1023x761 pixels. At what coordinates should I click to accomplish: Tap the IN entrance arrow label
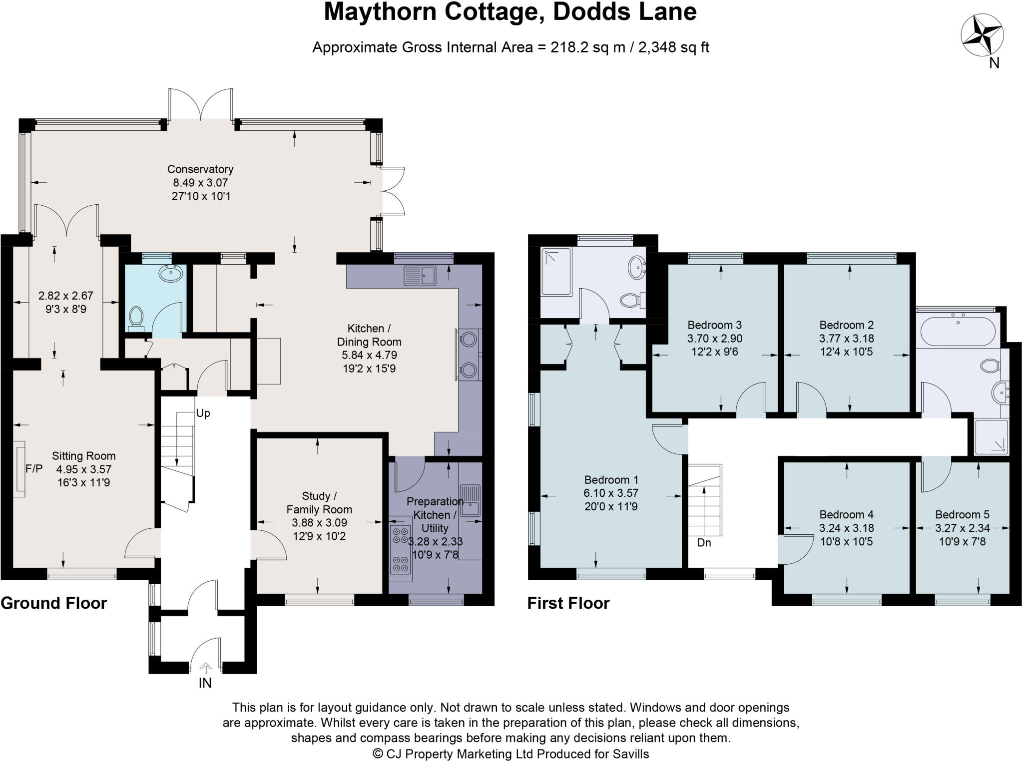pos(205,683)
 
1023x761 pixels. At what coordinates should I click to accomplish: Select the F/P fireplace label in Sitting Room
pos(34,468)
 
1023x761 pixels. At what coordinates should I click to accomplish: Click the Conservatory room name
pos(200,169)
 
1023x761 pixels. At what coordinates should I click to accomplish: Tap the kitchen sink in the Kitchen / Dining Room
pos(420,275)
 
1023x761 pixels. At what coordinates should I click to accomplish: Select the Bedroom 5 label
pos(962,514)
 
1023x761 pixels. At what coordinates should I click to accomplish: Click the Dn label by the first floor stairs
pos(704,542)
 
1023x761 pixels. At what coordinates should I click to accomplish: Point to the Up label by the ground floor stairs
pos(203,413)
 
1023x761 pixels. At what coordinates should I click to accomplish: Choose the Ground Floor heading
pos(54,603)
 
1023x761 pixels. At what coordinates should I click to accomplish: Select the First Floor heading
pos(568,603)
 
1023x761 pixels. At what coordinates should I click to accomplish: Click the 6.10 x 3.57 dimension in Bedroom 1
pos(611,493)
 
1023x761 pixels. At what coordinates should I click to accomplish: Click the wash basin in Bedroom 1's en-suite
pos(636,267)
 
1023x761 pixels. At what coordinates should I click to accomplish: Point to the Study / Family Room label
pos(319,502)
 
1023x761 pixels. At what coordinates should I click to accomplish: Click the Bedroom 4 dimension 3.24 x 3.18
pos(846,528)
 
